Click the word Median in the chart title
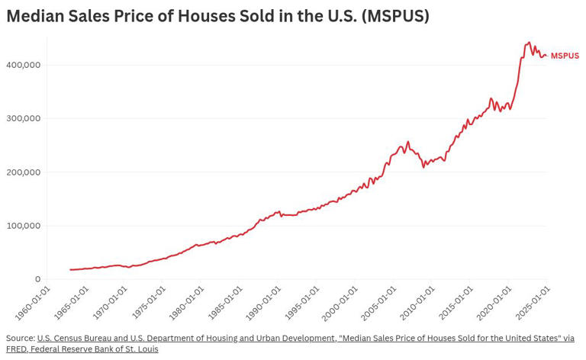[36, 16]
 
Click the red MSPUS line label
[565, 56]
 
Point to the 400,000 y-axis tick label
[24, 65]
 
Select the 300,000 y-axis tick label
[24, 118]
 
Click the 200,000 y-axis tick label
[24, 172]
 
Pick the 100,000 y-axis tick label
[24, 226]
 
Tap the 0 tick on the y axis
[37, 279]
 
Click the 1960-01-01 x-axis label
[34, 303]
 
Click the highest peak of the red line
[530, 43]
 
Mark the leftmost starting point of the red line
[70, 269]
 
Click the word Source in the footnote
[20, 338]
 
